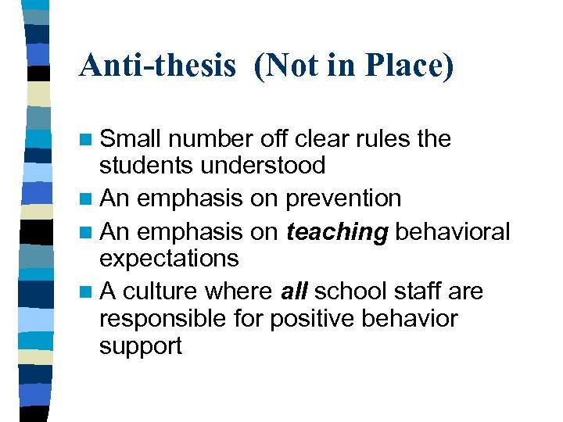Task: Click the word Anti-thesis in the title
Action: (x=157, y=66)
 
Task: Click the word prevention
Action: (x=343, y=198)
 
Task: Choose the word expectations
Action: (x=169, y=258)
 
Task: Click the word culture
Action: (x=160, y=291)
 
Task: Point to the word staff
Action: (x=421, y=291)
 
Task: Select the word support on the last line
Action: (x=141, y=345)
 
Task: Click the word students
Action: (x=146, y=166)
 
